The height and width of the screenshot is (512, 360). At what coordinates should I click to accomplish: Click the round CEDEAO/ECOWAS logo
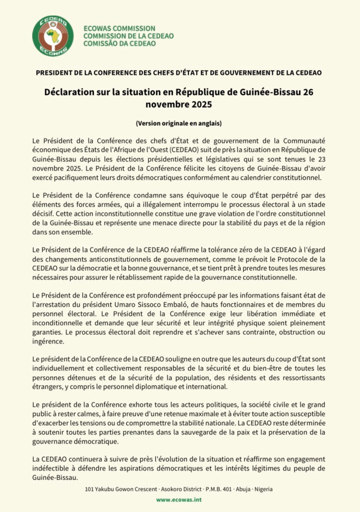[52, 35]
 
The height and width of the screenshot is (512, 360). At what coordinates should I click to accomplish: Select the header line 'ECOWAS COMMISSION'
[119, 28]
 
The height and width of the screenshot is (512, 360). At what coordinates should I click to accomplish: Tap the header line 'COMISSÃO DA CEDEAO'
[119, 43]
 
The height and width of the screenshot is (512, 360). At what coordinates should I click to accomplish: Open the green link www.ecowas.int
[179, 499]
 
